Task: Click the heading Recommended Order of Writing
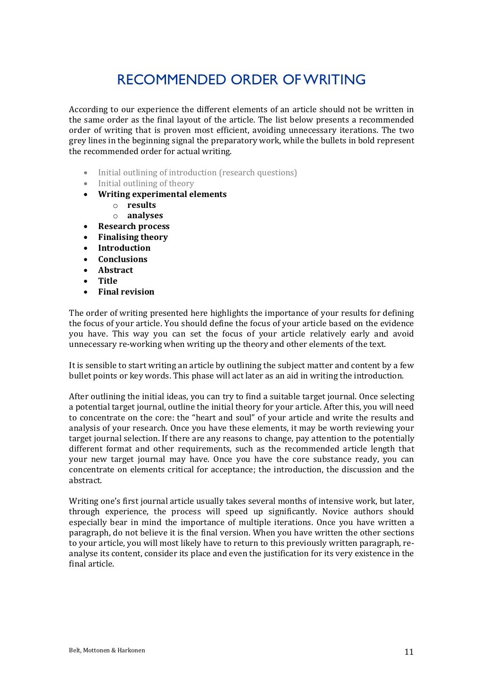click(x=241, y=80)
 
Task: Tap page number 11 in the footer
click(x=408, y=652)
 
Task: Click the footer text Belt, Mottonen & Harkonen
click(x=107, y=650)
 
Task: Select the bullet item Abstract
click(x=115, y=270)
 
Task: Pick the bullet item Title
click(x=108, y=281)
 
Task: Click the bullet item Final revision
click(x=126, y=292)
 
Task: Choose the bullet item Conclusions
click(x=123, y=259)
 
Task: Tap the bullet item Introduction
click(x=124, y=248)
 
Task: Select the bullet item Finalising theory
click(x=133, y=237)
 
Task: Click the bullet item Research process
click(x=133, y=226)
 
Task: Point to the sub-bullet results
click(x=142, y=205)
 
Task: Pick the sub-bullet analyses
click(x=145, y=215)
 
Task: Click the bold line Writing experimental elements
click(x=162, y=194)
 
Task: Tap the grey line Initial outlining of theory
click(x=146, y=183)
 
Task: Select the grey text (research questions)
click(x=258, y=173)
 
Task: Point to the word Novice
click(x=335, y=511)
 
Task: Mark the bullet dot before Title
click(x=85, y=281)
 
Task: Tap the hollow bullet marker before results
click(x=115, y=206)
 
